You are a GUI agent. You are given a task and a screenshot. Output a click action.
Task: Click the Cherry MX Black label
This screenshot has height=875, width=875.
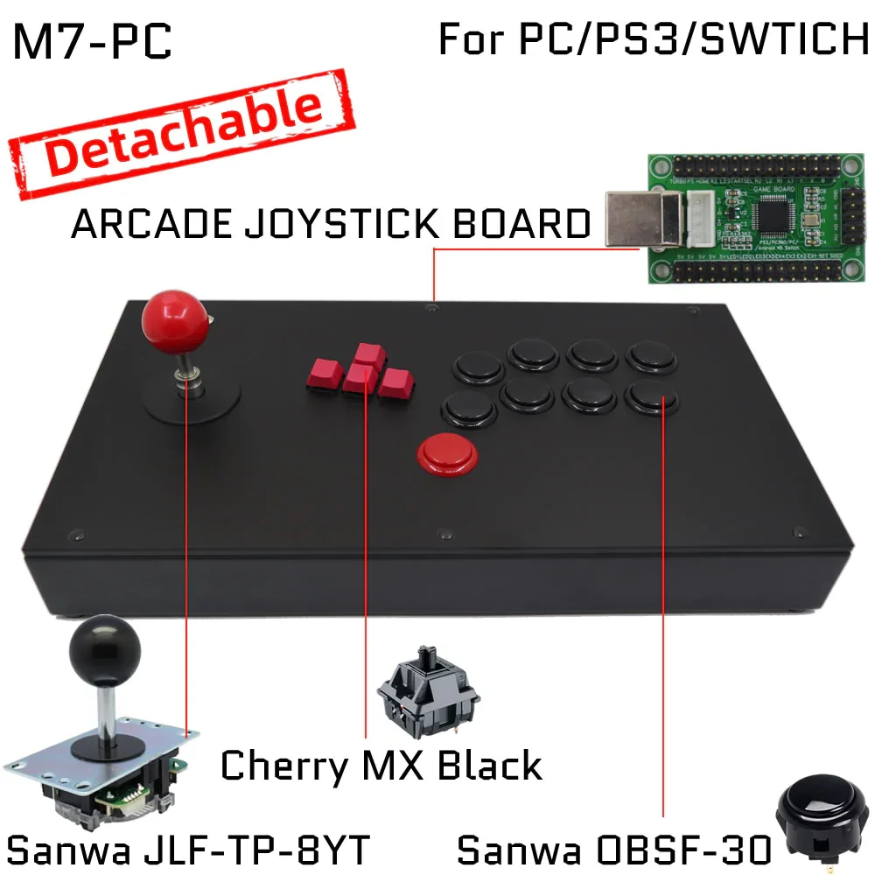381,766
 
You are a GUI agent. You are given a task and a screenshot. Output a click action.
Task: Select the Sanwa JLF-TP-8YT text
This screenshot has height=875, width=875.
189,849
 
